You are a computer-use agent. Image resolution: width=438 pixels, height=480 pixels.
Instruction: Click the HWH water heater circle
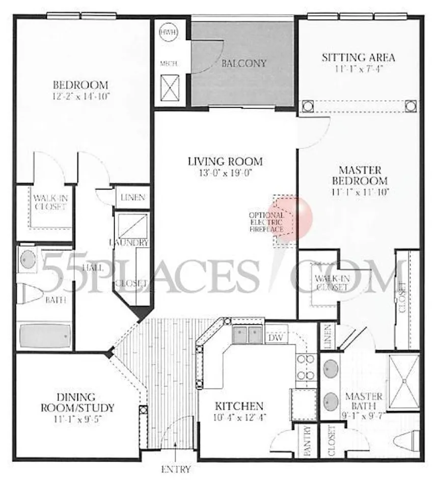pos(167,32)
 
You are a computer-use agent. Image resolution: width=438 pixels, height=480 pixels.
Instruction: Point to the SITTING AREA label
pos(358,57)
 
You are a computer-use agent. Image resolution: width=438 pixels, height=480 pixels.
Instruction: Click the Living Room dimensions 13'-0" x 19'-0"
pos(225,173)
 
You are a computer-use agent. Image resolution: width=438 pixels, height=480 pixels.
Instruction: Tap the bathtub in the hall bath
pos(44,335)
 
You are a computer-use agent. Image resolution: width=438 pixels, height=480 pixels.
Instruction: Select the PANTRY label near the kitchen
pos(307,441)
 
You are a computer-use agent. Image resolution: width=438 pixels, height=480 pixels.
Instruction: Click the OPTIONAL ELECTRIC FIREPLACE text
pos(266,222)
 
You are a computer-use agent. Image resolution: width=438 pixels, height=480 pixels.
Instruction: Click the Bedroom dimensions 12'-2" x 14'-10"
pos(81,96)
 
